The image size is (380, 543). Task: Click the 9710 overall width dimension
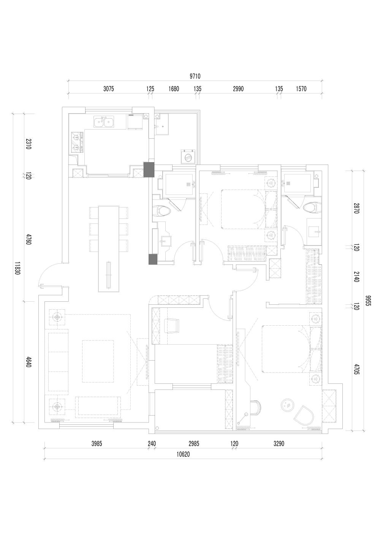pos(195,76)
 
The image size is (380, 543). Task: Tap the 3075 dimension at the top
pos(109,89)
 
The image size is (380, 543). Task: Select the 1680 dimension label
pos(174,89)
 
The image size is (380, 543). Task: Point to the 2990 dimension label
pos(238,89)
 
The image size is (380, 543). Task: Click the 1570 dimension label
pos(301,89)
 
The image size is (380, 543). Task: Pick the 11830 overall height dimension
pos(17,268)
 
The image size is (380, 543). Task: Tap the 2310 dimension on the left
pos(28,144)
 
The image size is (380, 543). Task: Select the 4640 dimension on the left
pos(28,362)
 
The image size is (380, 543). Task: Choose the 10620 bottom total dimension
pos(183,454)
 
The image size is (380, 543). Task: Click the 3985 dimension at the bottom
pos(97,443)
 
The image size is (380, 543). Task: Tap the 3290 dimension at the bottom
pos(279,443)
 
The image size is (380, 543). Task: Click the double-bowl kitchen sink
pos(104,122)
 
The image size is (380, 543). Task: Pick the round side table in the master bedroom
pos(287,405)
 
